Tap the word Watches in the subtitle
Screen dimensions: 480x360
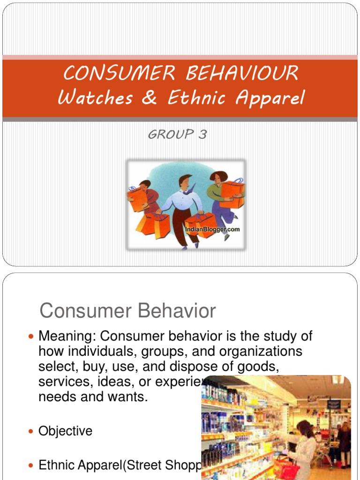tap(95, 98)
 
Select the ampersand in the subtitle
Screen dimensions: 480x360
tap(149, 98)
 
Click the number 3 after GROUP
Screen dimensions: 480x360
tap(202, 135)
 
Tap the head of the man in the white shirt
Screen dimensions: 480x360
tap(185, 181)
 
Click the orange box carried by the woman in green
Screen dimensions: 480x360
tap(232, 194)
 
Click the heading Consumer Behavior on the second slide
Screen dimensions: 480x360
tap(127, 311)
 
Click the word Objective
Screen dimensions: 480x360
tap(65, 431)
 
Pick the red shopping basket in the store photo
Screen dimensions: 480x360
tap(286, 468)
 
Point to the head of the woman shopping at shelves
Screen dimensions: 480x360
tap(304, 428)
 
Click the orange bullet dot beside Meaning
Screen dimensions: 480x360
tap(31, 337)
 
